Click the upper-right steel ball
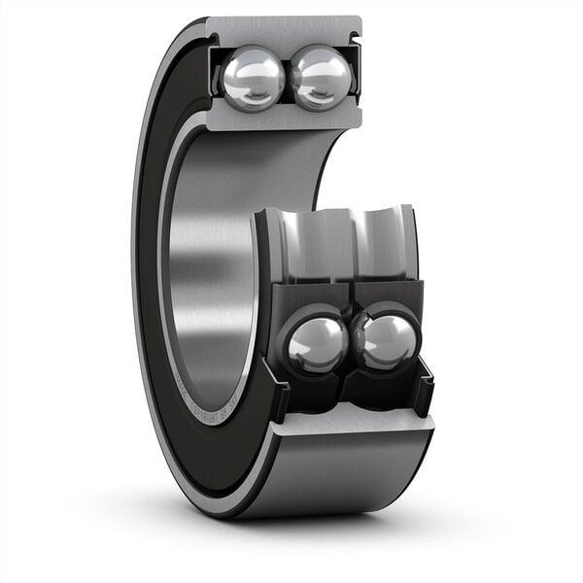point(322,77)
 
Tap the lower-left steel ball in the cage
point(315,344)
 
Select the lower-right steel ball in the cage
point(388,342)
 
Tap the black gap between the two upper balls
point(289,78)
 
